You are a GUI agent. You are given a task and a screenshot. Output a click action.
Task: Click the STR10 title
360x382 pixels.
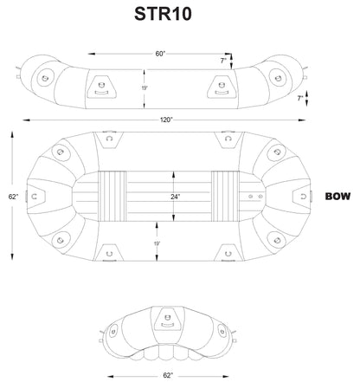[x=163, y=15]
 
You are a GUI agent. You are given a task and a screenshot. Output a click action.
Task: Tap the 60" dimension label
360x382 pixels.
[x=160, y=54]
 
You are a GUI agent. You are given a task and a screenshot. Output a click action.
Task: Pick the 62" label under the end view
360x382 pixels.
[x=167, y=375]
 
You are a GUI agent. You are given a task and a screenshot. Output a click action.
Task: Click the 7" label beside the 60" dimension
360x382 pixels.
[x=222, y=62]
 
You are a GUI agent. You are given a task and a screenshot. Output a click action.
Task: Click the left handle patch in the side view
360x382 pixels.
[x=101, y=86]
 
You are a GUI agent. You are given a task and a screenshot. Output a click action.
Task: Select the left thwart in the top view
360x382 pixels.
[x=112, y=197]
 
